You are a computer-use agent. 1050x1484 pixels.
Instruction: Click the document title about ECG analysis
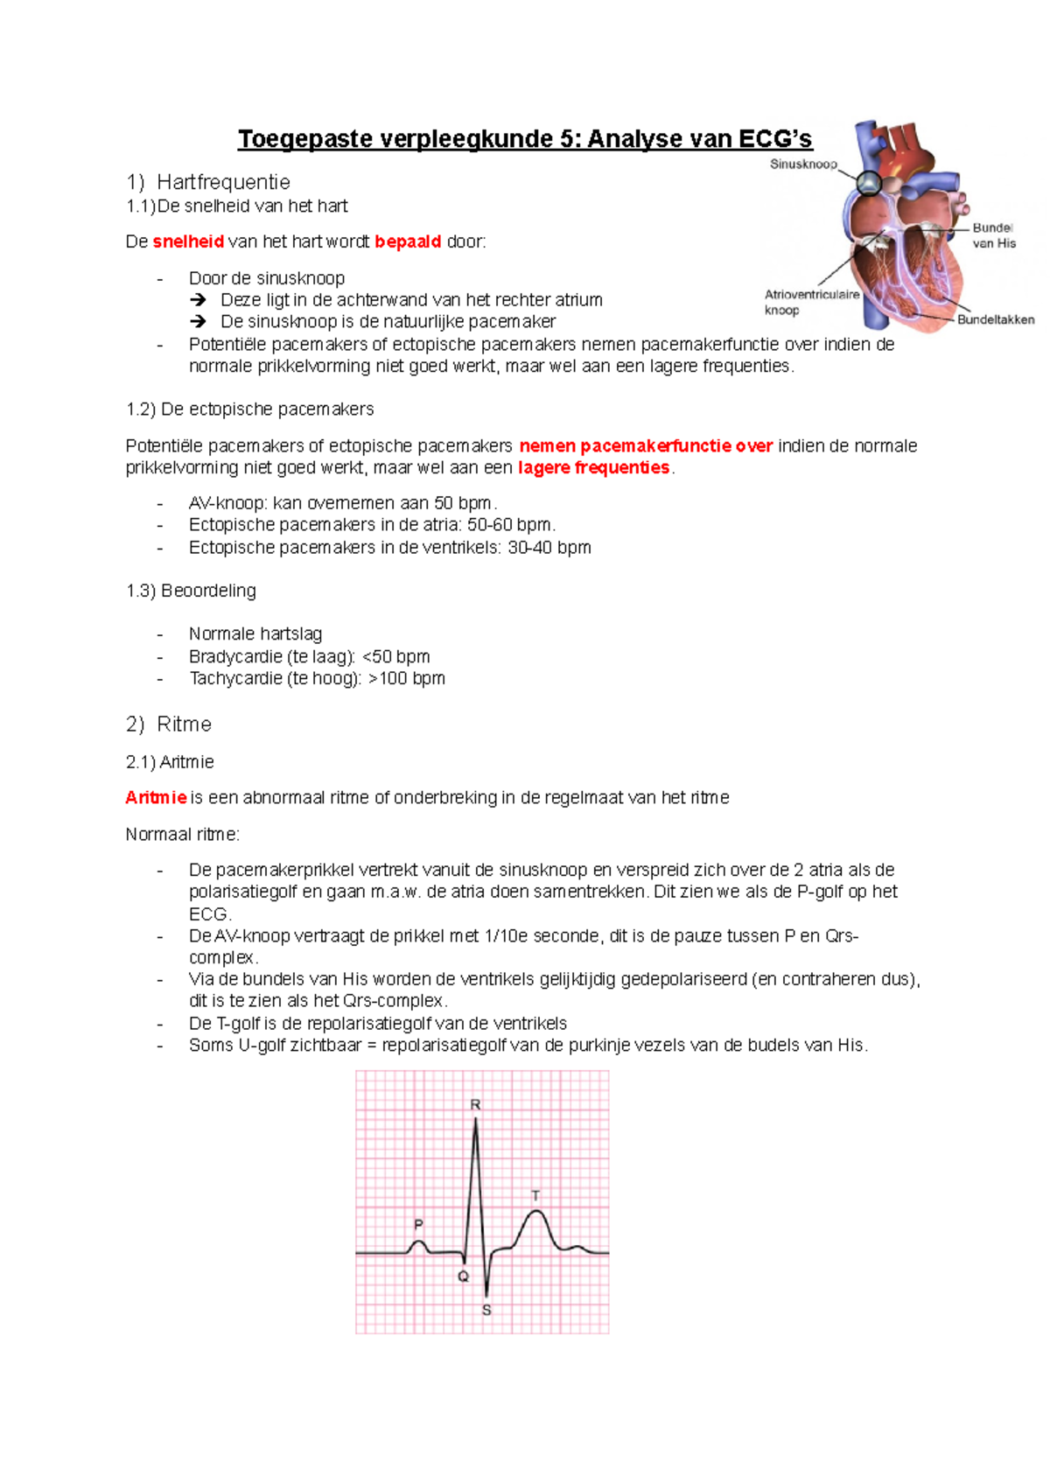tap(525, 139)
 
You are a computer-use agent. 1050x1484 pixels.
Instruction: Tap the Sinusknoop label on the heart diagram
tap(803, 164)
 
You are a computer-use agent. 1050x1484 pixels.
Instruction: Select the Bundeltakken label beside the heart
tap(995, 320)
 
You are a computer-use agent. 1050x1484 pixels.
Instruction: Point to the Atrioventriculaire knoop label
tap(811, 303)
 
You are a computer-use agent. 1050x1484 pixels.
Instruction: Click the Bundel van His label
tap(993, 235)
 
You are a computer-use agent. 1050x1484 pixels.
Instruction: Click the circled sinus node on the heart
tap(869, 183)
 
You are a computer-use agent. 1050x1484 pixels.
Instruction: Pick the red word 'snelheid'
tap(188, 242)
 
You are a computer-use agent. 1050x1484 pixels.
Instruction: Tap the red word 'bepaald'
tap(408, 242)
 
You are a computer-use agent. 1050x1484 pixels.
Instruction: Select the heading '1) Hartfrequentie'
tap(208, 182)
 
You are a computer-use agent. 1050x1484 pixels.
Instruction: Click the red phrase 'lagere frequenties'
tap(594, 468)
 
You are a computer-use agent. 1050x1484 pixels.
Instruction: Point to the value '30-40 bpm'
tap(549, 548)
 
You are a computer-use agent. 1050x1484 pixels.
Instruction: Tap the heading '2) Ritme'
tap(169, 724)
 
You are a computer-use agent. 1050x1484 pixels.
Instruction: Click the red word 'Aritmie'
tap(156, 798)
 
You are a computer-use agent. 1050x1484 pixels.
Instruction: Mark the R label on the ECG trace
tap(475, 1105)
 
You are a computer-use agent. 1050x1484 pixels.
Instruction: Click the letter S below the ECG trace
tap(486, 1311)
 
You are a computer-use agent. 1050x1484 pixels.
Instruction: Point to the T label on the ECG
tap(535, 1195)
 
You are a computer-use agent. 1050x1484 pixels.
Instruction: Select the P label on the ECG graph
tap(418, 1225)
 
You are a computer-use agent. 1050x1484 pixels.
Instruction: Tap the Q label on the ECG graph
tap(463, 1277)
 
